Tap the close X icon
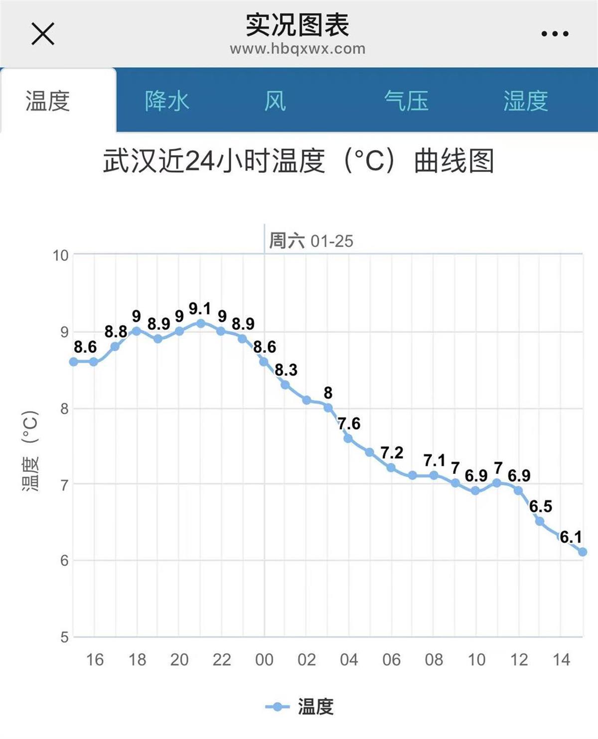point(43,34)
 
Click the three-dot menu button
point(555,34)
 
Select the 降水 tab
point(167,101)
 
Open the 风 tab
point(275,101)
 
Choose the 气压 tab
point(406,101)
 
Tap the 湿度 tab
point(525,101)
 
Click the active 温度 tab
point(48,101)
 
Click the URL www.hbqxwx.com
point(298,49)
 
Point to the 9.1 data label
point(200,308)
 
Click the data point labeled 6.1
point(582,552)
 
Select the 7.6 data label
point(349,424)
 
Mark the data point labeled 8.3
point(285,385)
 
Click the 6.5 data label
point(541,506)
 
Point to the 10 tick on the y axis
point(61,256)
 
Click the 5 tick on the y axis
point(64,637)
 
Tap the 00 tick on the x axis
point(264,660)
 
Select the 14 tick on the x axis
point(561,660)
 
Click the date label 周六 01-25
point(311,241)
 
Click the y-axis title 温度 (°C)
point(30,450)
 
